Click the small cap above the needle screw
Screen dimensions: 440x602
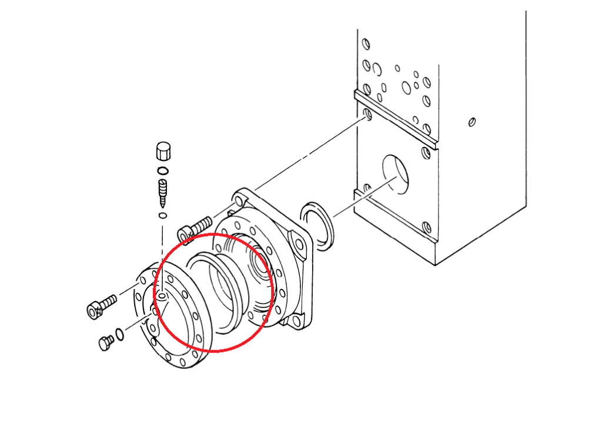(x=163, y=151)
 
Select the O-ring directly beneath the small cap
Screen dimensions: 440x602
(x=163, y=171)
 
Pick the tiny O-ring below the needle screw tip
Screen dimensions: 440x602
(x=163, y=216)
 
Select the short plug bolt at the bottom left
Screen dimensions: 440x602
(x=106, y=342)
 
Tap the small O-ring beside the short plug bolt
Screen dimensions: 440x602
(x=120, y=334)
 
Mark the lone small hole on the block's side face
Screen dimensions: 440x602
(x=471, y=122)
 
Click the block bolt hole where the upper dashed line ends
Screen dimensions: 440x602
(x=367, y=113)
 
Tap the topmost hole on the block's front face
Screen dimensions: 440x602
(x=366, y=44)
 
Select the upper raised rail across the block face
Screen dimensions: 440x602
(x=394, y=117)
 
